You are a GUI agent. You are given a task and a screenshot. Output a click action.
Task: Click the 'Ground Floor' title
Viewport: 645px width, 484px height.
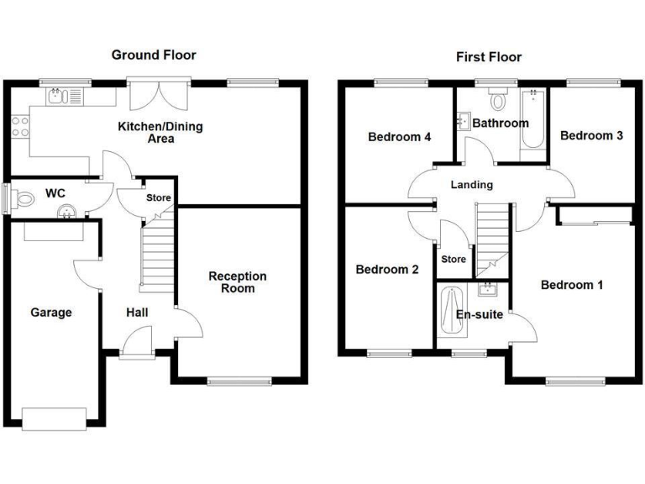tap(154, 55)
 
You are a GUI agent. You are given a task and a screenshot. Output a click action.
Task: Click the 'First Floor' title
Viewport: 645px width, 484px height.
tap(488, 57)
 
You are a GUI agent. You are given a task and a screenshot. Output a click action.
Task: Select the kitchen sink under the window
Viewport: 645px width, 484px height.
tap(59, 97)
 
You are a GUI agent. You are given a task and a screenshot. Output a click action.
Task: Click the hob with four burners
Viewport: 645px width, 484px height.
tap(19, 128)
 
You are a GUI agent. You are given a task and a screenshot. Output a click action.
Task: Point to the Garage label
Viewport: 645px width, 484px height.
tap(51, 313)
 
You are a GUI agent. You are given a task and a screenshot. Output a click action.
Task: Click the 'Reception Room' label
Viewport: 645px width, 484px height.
tap(238, 282)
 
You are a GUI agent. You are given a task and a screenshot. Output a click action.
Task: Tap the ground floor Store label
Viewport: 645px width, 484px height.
tap(158, 198)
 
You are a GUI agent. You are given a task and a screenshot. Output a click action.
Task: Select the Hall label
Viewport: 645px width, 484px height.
tap(137, 313)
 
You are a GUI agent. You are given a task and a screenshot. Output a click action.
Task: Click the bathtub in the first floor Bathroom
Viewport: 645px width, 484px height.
tap(532, 124)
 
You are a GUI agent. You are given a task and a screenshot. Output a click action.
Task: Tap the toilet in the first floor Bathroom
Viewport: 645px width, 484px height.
tap(500, 100)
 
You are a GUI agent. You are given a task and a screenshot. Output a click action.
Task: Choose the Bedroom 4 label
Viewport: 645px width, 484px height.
tap(400, 136)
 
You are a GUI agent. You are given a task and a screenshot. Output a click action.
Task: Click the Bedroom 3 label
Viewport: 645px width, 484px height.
tap(591, 135)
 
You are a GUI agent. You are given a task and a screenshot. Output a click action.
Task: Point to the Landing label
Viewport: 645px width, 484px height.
tap(471, 185)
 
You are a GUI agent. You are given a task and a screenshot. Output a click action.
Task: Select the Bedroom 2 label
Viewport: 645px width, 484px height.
tap(387, 270)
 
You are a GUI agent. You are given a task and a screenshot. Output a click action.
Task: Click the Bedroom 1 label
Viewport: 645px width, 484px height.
tap(571, 286)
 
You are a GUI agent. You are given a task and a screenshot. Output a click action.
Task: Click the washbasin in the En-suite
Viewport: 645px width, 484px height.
tap(487, 291)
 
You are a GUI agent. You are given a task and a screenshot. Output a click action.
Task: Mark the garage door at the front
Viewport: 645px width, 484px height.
tap(55, 416)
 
